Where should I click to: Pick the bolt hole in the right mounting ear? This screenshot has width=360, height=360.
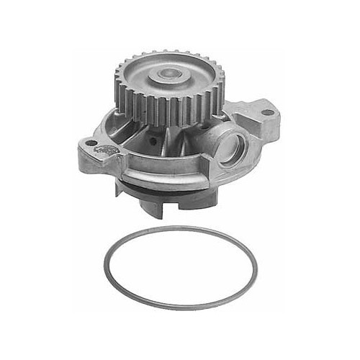(x=267, y=112)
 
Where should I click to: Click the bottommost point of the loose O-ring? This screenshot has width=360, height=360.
(x=180, y=310)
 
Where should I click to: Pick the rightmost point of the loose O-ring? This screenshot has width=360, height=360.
(x=256, y=268)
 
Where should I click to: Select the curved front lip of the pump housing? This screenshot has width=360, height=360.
(x=166, y=178)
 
